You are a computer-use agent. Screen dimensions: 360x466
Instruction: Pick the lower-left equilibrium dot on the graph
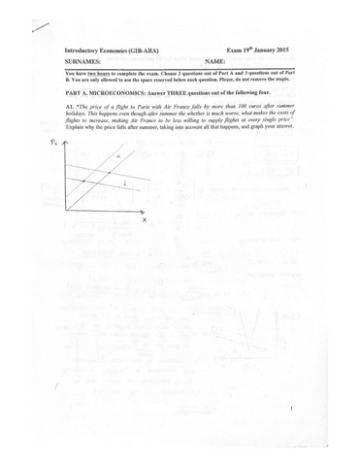pos(84,182)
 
